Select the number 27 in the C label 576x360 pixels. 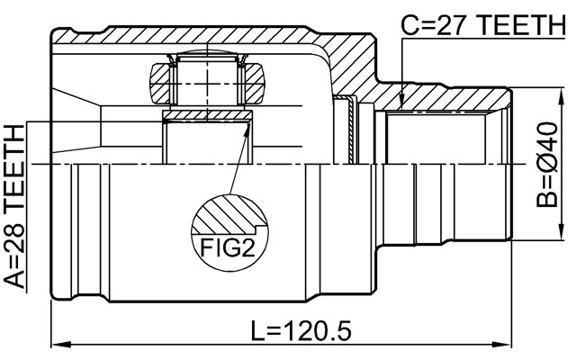click(x=443, y=26)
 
